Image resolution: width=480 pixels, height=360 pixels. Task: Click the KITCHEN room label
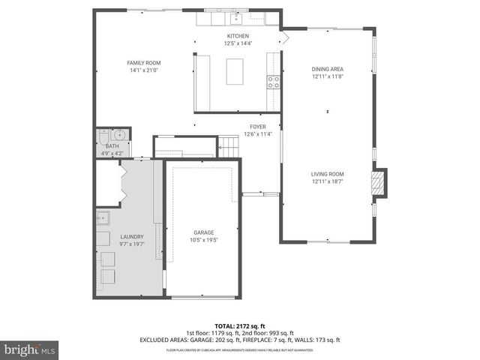(238, 36)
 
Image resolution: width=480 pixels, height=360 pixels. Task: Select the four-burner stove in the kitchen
(274, 82)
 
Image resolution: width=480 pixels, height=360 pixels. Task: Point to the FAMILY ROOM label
(143, 63)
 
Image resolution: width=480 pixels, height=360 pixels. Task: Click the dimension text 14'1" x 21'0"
(143, 70)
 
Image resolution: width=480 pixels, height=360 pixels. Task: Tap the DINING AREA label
(327, 69)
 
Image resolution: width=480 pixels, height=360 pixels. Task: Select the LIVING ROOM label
(327, 174)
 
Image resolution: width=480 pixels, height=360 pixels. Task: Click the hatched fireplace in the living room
(380, 183)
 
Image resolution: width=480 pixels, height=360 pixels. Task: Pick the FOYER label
(258, 127)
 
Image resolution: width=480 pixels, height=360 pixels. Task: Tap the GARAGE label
(204, 232)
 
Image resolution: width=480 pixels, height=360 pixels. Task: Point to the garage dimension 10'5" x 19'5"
(204, 240)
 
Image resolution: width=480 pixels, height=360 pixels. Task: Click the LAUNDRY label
(131, 237)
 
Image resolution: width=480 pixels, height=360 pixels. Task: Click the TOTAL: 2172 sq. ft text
(239, 325)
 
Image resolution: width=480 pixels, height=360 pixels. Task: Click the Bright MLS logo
(30, 349)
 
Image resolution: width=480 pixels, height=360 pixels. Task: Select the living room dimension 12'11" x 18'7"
(327, 181)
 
